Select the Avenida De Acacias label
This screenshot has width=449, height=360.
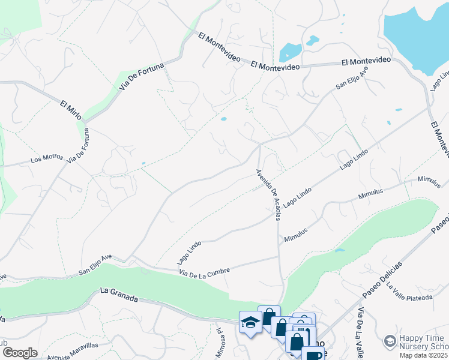click(x=268, y=194)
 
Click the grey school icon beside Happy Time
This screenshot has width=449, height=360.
click(x=390, y=341)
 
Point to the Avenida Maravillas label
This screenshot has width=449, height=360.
click(x=73, y=350)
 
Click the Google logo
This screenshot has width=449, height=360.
click(x=20, y=352)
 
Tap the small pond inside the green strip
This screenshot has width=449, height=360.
click(x=340, y=250)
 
